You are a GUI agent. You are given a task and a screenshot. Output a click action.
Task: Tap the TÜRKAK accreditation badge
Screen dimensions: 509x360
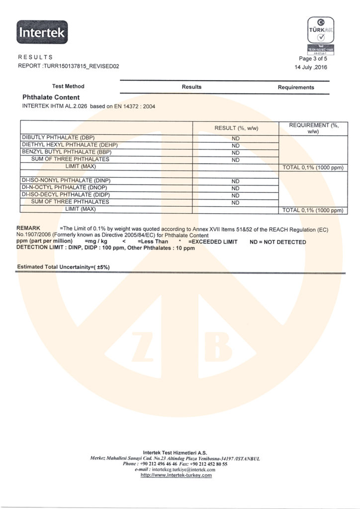320,35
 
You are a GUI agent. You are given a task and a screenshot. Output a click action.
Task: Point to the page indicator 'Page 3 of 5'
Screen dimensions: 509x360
313,59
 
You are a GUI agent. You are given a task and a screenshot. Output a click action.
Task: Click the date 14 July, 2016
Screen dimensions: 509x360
312,67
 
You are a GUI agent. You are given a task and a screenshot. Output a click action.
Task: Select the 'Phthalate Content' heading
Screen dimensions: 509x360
51,97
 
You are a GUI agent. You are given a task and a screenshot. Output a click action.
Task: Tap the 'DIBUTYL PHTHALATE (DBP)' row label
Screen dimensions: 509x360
58,137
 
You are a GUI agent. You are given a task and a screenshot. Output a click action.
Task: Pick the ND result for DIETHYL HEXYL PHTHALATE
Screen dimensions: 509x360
236,145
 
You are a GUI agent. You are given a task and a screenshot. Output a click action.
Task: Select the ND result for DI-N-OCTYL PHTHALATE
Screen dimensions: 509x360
236,188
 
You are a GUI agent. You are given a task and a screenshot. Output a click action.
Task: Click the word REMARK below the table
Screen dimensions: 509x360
28,227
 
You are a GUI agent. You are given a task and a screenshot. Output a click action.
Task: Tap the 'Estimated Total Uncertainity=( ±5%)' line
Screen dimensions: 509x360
63,267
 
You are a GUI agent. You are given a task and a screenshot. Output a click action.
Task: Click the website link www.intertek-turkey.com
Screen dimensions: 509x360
177,475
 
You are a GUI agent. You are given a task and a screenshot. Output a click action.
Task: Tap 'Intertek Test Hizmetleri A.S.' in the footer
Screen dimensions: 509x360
175,452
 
